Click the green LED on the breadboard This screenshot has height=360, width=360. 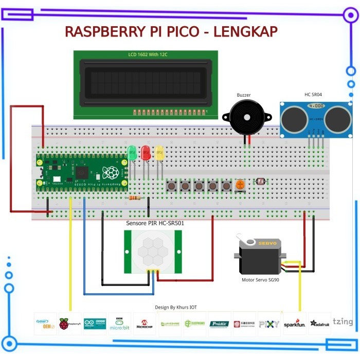[132, 152]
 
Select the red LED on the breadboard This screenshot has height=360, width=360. [146, 152]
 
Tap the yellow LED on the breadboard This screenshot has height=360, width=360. [159, 152]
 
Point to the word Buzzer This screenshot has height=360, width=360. [244, 95]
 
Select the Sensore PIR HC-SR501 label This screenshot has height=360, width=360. [155, 223]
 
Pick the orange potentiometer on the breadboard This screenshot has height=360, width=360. [240, 185]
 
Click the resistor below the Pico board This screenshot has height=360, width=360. [135, 198]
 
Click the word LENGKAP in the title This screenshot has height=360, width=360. [245, 31]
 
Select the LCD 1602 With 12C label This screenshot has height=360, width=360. [149, 55]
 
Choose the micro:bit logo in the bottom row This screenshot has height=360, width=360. [120, 324]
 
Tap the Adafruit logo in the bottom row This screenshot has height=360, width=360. [319, 324]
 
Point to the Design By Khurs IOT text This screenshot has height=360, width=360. [175, 307]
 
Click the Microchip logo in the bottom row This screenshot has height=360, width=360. [145, 324]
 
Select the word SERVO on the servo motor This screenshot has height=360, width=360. [267, 243]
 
